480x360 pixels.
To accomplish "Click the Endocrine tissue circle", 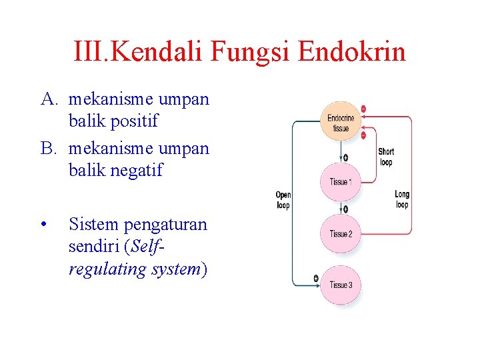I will [341, 121].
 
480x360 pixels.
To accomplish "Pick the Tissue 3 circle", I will [341, 285].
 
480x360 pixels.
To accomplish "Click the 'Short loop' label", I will [385, 157].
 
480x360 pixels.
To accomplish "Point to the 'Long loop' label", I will [401, 199].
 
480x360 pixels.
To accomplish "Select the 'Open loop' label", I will [283, 199].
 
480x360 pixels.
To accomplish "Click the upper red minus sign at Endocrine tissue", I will [363, 109].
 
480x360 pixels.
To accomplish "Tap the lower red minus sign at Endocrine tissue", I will [363, 135].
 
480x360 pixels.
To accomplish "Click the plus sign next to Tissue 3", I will [316, 278].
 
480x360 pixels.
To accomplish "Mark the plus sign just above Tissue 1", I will [345, 158].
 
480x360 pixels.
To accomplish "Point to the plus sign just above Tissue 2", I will [345, 210].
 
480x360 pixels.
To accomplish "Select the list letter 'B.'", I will [49, 148].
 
